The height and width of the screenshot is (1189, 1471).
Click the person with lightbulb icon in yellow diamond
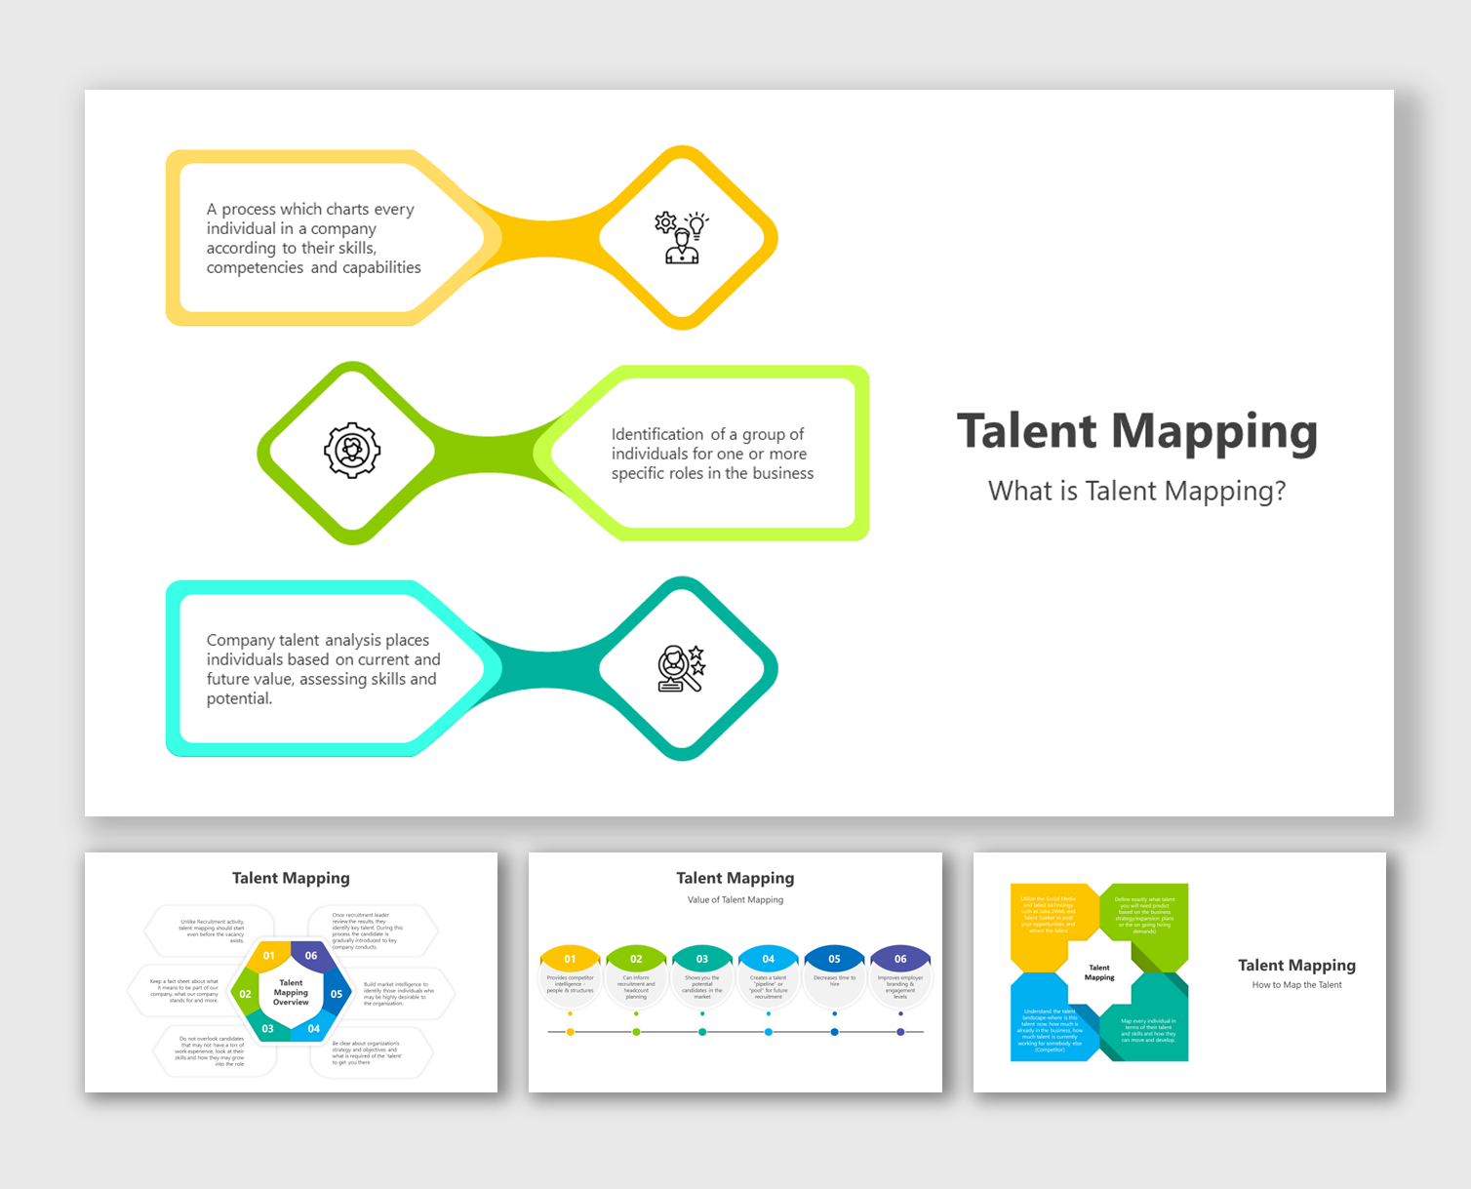click(682, 237)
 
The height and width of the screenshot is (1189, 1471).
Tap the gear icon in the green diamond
click(352, 451)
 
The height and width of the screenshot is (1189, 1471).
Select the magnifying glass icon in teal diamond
click(681, 669)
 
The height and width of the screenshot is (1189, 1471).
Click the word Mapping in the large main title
click(1213, 432)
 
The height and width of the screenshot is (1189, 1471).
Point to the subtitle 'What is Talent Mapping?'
click(1136, 491)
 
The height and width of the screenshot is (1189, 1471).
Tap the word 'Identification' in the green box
click(657, 434)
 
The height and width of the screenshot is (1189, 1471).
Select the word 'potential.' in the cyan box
click(239, 699)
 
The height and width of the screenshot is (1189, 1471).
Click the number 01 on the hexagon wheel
click(269, 956)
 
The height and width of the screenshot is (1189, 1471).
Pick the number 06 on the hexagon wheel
click(311, 956)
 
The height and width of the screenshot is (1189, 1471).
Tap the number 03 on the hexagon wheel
click(268, 1028)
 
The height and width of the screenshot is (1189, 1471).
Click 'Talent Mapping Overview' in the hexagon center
click(291, 992)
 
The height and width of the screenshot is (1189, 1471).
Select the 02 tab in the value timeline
click(636, 959)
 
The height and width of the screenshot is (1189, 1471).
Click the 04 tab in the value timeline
click(769, 959)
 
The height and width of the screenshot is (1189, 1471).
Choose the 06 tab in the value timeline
click(900, 959)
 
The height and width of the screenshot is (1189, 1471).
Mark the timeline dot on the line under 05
click(834, 1032)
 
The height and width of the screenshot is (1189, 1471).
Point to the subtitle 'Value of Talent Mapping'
click(735, 900)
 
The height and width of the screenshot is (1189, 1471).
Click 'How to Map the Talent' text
click(1296, 985)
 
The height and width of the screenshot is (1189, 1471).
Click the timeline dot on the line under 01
click(571, 1032)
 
